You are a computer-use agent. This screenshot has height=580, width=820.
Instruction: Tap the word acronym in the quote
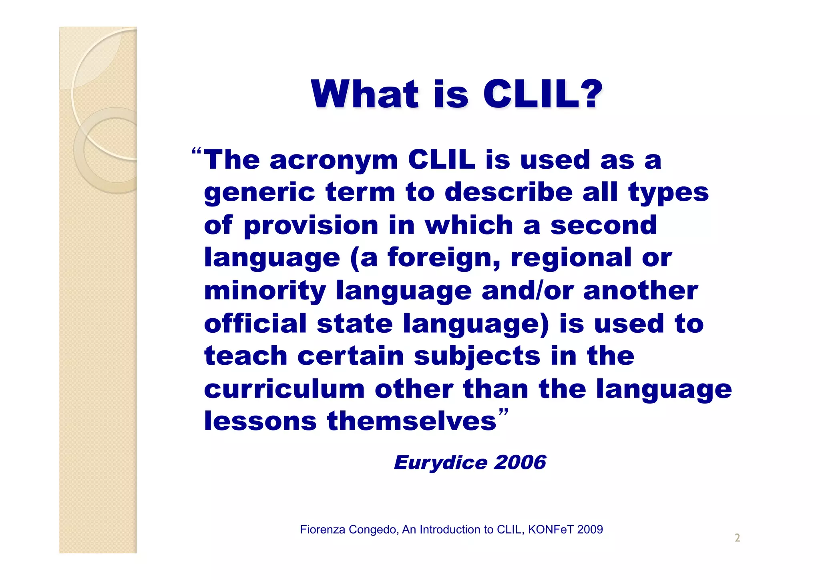click(334, 160)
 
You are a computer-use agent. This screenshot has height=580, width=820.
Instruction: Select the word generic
click(259, 193)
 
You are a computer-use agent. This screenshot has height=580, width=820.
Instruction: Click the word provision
click(311, 226)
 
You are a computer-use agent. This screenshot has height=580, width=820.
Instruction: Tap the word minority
click(265, 291)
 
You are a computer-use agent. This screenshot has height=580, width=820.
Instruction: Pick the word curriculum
click(284, 389)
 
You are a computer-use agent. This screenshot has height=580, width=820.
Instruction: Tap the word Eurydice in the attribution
click(440, 463)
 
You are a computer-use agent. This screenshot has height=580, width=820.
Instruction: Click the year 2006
click(520, 463)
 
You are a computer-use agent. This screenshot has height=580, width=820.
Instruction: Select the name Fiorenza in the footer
click(323, 530)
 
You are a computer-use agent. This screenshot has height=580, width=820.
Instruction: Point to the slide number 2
click(737, 538)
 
